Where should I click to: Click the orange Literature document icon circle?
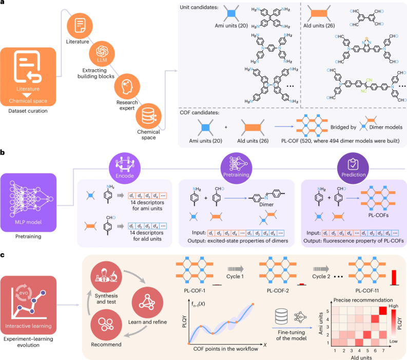(80, 24)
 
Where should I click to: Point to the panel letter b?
(3, 153)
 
